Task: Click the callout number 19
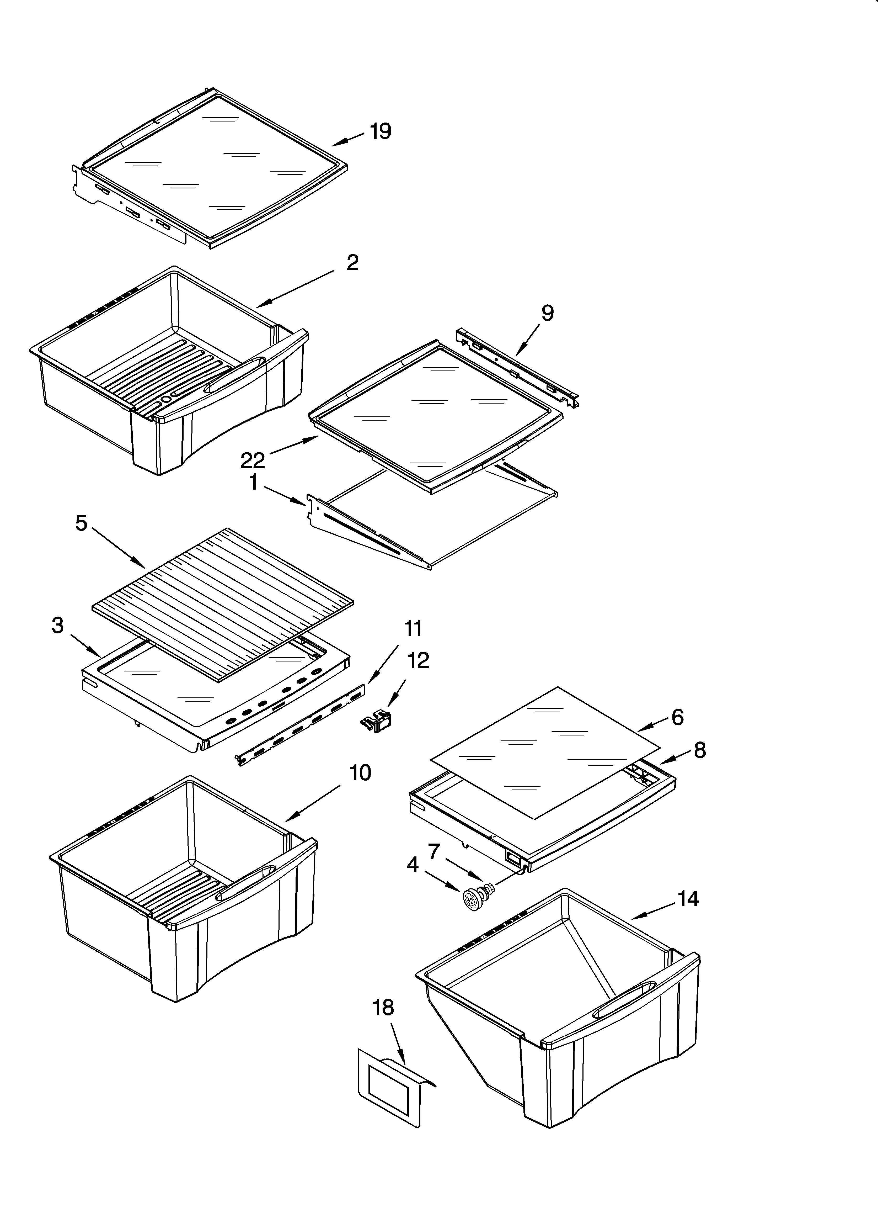point(381,131)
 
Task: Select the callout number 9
point(547,313)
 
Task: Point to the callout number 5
point(81,523)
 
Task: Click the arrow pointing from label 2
point(294,289)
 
